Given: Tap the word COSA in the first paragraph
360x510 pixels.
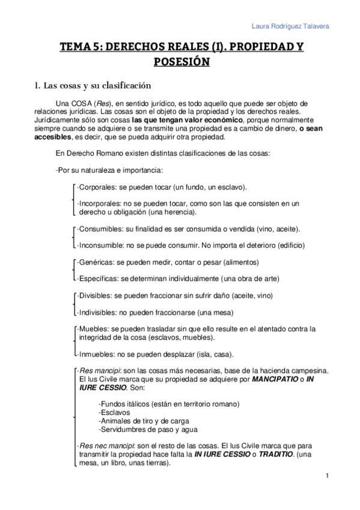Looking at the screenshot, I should point(82,103).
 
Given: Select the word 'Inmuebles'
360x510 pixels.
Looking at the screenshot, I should point(97,354).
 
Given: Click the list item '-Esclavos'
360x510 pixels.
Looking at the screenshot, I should point(114,413).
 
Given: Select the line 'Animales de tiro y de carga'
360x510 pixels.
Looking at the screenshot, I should point(144,421).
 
